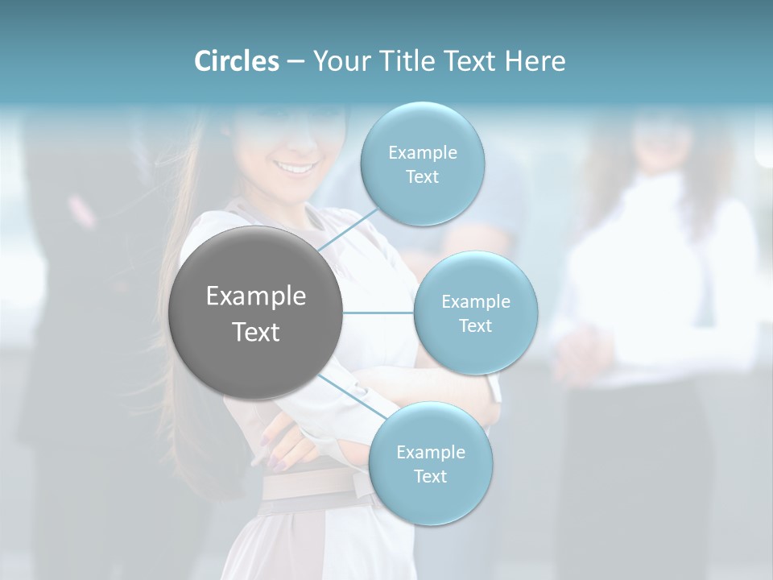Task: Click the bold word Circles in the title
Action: [x=236, y=61]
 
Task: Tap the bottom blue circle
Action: [x=430, y=499]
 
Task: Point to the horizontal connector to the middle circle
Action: [x=378, y=313]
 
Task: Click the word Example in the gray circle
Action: [x=256, y=296]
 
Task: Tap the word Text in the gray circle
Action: [x=256, y=332]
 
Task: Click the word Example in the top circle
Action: [x=423, y=153]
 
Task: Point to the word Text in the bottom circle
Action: [x=430, y=476]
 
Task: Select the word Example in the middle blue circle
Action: [x=476, y=302]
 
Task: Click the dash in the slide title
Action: [x=296, y=62]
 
